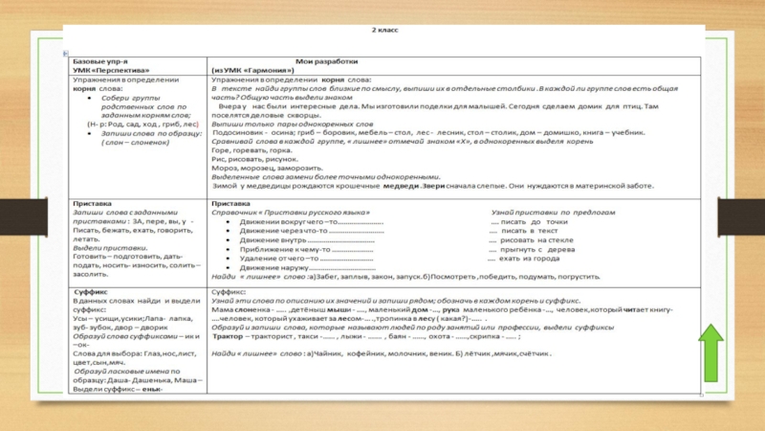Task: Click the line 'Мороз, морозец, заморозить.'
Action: click(x=261, y=167)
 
